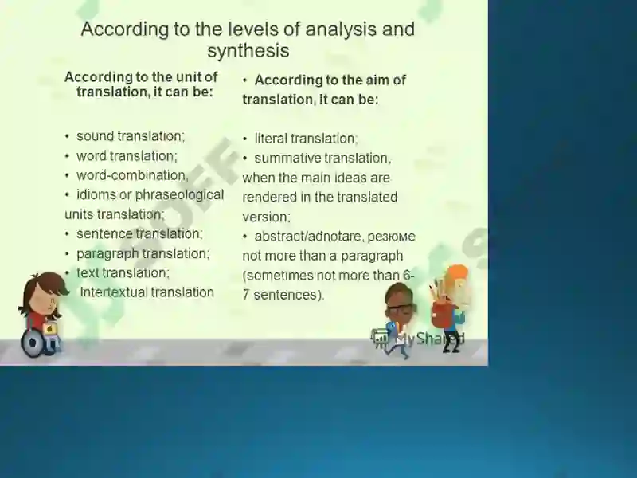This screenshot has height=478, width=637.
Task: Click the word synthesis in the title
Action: click(x=248, y=51)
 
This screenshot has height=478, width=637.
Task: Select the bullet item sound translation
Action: click(x=131, y=136)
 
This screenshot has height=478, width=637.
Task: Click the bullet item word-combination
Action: click(x=132, y=175)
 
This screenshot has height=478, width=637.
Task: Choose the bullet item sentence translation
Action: click(x=139, y=233)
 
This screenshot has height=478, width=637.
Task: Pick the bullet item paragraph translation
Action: click(x=143, y=253)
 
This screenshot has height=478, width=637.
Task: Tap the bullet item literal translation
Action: click(x=306, y=139)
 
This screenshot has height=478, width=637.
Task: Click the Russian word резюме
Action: click(x=391, y=237)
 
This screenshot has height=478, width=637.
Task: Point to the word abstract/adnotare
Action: click(x=307, y=237)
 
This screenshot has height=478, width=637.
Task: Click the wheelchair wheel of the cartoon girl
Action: click(x=33, y=343)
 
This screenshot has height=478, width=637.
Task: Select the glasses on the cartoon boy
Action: click(x=401, y=308)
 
